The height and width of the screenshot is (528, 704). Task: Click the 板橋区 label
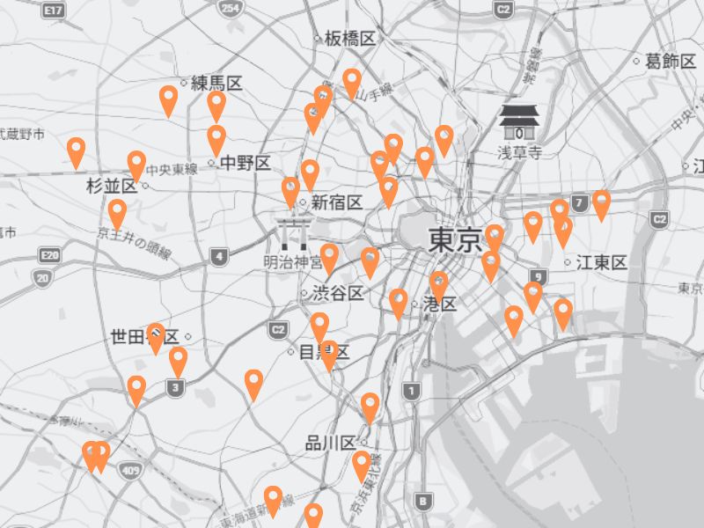350,38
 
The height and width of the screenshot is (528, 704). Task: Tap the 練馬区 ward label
216,84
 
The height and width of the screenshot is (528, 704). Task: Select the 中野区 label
245,163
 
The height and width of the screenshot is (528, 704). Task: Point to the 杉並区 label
112,186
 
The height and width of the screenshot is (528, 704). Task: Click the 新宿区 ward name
336,202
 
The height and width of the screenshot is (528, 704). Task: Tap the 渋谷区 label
338,293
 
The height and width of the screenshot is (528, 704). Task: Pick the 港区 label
440,304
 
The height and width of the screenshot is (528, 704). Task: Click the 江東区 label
602,262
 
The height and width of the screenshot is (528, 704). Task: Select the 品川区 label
330,443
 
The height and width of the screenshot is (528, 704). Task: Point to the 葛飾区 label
671,61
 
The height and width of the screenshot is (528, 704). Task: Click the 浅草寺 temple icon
519,121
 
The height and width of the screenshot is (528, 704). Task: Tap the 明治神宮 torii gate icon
290,232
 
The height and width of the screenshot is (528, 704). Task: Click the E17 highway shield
54,10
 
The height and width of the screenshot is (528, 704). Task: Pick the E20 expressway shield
49,256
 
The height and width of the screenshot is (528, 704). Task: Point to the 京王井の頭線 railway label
135,242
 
